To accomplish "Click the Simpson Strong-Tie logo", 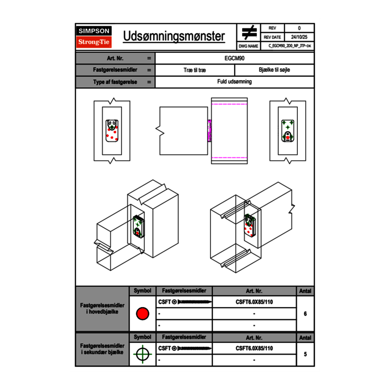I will coord(94,37).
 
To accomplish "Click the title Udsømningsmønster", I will coord(174,36).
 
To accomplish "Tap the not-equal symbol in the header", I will coord(249,33).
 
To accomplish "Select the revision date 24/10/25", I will coord(299,37).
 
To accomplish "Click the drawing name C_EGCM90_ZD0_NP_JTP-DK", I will coord(289,46).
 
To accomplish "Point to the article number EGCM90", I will coord(234,58).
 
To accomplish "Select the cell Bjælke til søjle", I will coord(274,70).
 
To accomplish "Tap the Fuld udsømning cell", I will coord(234,82).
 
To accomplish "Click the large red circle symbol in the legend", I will coord(142,314).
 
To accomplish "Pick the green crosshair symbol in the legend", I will coord(142,354).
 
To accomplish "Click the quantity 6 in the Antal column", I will coord(305,314).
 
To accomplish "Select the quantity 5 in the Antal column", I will coord(305,354).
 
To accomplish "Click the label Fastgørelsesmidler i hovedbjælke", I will coord(102,309).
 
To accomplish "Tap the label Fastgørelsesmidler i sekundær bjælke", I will coord(102,349).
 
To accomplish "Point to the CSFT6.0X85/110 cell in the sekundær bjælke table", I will coord(254,348).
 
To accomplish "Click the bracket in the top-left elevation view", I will coord(112,131).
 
